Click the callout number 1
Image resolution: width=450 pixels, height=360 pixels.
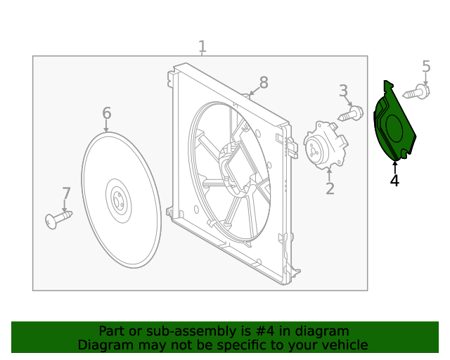[x=202, y=47]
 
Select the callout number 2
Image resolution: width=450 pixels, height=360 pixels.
[x=329, y=188]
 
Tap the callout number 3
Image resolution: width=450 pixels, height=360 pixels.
[x=343, y=90]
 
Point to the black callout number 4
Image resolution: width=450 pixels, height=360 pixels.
[x=394, y=181]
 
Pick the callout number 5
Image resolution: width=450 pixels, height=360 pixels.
[x=426, y=67]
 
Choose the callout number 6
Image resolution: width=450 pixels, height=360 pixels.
[x=107, y=113]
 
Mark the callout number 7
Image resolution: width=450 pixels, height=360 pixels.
[x=66, y=193]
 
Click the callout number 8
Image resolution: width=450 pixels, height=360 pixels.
[x=264, y=83]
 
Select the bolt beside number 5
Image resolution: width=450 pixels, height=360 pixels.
[x=416, y=91]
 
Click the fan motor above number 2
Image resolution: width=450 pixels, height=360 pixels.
[x=325, y=146]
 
